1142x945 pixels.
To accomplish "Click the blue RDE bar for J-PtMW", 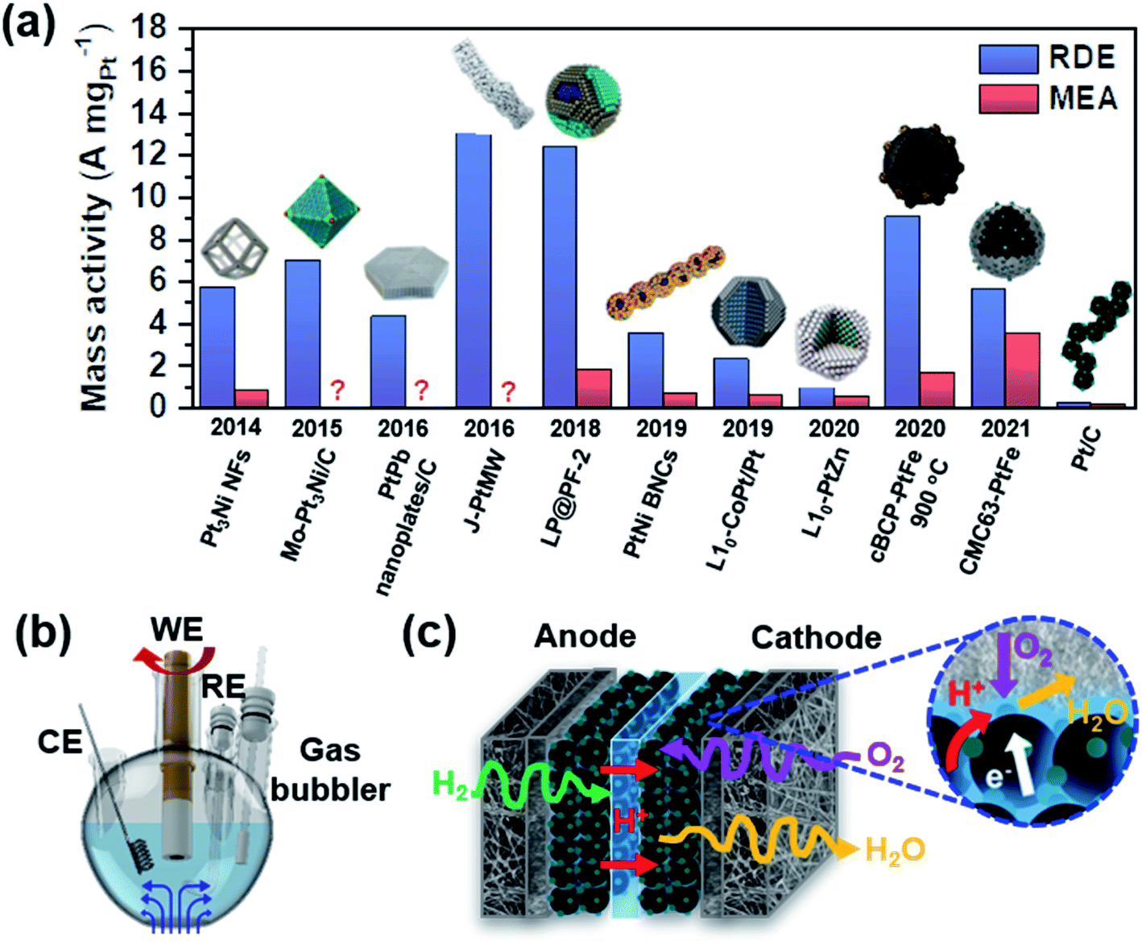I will [x=474, y=270].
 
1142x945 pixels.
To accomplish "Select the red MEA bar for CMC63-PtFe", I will [x=1022, y=370].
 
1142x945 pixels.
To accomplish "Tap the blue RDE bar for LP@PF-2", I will [x=560, y=276].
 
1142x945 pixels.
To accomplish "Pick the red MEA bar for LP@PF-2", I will [x=594, y=388].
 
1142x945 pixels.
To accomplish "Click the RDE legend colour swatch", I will [x=1008, y=59].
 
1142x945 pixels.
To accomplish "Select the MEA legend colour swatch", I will [x=1008, y=98].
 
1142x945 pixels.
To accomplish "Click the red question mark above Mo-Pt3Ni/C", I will [x=337, y=391].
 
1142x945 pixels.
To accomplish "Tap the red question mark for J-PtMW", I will [x=508, y=392].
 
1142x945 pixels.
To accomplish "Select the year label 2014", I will [x=235, y=428].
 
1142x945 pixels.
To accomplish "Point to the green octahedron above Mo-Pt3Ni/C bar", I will [x=321, y=211].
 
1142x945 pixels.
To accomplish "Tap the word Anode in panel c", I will [x=585, y=636].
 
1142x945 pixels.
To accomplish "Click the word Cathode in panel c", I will [x=816, y=638].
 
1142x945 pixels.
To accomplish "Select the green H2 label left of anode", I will [x=450, y=783].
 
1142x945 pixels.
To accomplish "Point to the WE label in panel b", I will [x=177, y=630].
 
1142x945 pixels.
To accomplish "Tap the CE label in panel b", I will [x=60, y=742].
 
